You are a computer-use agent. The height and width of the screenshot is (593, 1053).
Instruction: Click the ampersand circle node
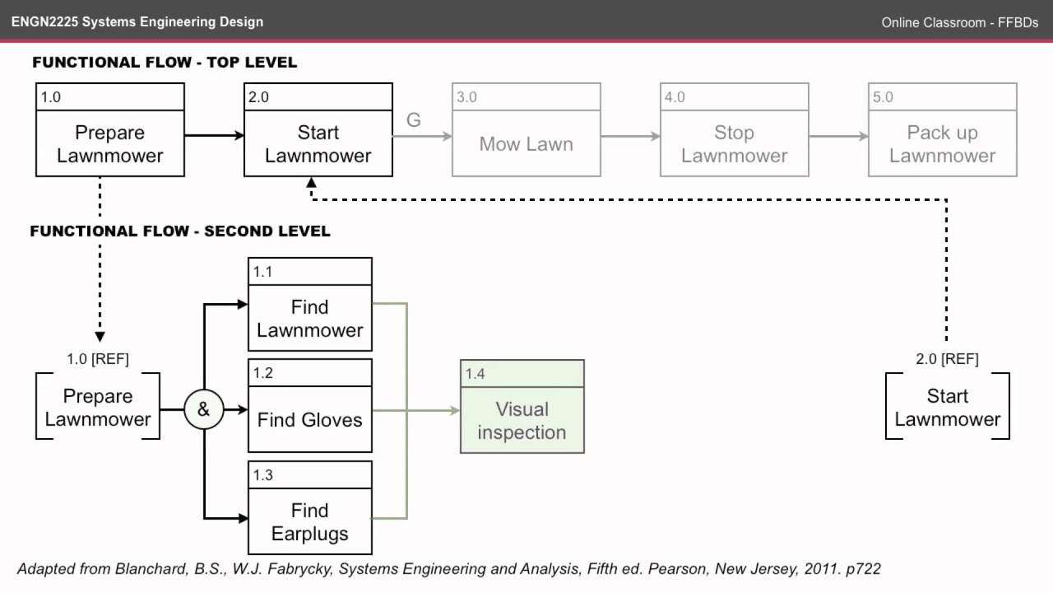click(203, 409)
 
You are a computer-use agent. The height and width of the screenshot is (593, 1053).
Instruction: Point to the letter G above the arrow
click(414, 120)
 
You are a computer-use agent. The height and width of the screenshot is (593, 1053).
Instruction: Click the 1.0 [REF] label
click(98, 359)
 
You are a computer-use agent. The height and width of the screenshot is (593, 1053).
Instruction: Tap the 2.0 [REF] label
click(947, 359)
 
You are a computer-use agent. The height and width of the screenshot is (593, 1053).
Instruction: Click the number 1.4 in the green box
click(475, 374)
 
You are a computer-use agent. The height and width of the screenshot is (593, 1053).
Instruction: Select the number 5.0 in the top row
click(883, 97)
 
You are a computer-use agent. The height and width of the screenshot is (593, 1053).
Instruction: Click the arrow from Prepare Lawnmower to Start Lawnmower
click(214, 136)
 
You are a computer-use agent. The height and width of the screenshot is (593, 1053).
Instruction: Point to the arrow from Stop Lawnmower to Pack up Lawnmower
click(838, 136)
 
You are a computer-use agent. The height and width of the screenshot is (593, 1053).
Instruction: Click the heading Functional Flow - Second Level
click(180, 231)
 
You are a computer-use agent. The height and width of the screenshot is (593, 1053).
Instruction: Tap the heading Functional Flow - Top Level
click(165, 63)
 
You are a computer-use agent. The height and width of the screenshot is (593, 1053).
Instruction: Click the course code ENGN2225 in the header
click(43, 21)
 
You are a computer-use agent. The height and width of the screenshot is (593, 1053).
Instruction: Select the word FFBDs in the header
click(1018, 22)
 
